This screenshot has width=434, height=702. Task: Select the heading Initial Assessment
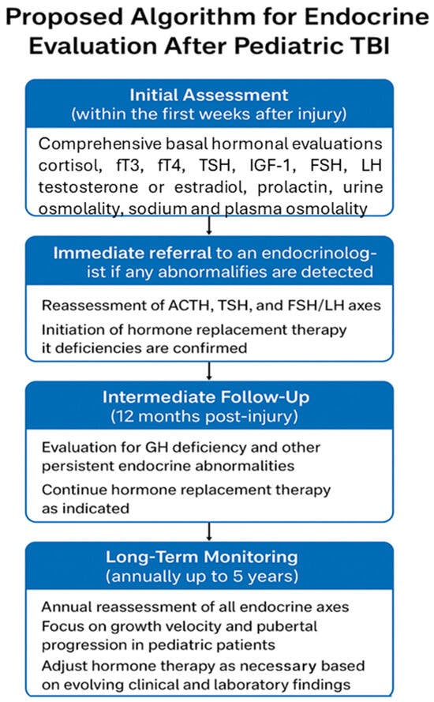209,95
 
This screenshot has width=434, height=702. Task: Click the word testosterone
88,187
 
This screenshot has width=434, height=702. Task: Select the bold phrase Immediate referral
133,253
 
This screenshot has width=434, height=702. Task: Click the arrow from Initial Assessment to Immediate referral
209,225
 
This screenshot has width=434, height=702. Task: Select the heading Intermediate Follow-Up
206,397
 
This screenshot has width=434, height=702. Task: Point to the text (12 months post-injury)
204,416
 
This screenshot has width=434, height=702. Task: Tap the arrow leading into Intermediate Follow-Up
209,370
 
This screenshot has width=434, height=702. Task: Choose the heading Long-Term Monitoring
202,557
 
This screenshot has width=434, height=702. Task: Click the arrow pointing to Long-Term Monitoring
209,531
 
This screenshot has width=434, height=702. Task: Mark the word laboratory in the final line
251,685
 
